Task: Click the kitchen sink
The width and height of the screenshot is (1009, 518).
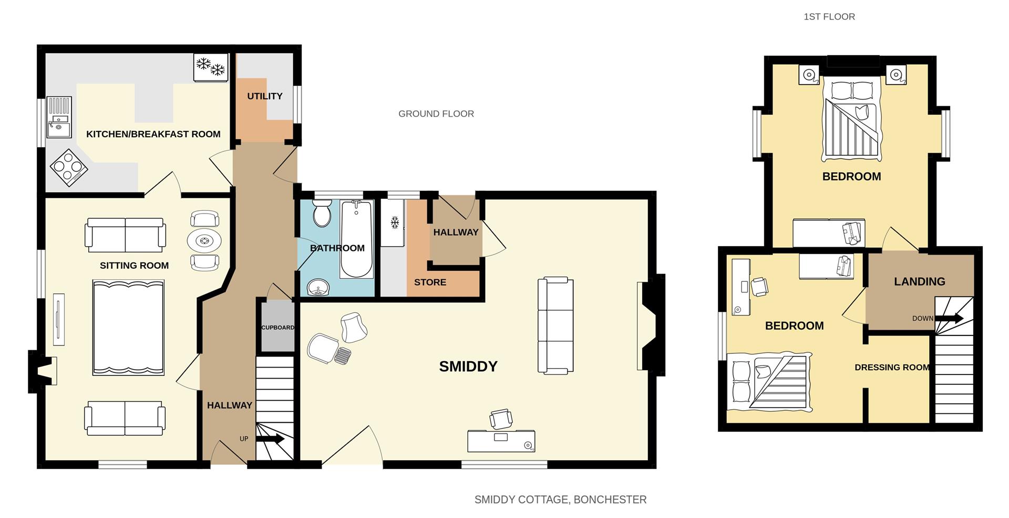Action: tap(58, 117)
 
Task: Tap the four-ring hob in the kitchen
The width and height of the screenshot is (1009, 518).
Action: tap(69, 168)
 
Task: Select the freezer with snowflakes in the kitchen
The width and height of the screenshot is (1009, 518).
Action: tap(211, 67)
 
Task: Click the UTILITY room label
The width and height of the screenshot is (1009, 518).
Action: tap(265, 96)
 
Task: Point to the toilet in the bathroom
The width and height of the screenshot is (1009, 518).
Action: tap(321, 214)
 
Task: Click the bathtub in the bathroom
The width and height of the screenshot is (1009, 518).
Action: tap(356, 239)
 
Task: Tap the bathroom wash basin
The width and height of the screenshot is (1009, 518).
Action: tap(318, 287)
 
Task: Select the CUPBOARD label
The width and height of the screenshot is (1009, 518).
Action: tap(277, 328)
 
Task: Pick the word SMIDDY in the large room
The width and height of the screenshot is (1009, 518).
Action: tap(468, 367)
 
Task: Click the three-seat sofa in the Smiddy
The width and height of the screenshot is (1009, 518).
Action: tap(555, 326)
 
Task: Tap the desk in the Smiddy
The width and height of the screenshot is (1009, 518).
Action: tap(501, 441)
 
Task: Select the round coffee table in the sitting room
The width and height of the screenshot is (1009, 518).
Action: tap(204, 241)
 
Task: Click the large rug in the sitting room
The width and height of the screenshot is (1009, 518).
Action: tap(128, 327)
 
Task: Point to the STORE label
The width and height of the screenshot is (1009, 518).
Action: tap(430, 282)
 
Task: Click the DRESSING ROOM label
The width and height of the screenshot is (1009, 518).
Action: tap(892, 368)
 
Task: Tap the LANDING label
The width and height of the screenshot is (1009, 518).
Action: tap(919, 282)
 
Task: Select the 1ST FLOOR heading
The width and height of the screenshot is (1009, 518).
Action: tap(829, 17)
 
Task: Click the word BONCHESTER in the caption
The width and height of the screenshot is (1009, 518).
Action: tap(610, 500)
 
